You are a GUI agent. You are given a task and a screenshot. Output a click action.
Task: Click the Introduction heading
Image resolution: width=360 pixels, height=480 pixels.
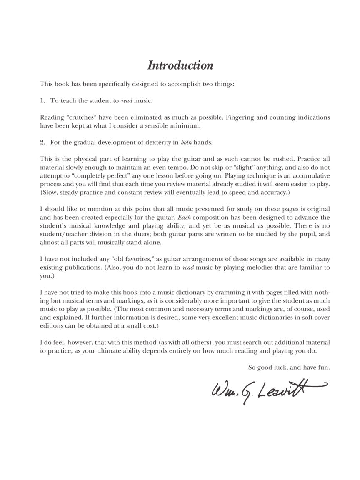coord(180,65)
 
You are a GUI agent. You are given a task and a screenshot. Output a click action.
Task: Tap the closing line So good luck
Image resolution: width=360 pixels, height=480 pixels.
coord(289,367)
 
